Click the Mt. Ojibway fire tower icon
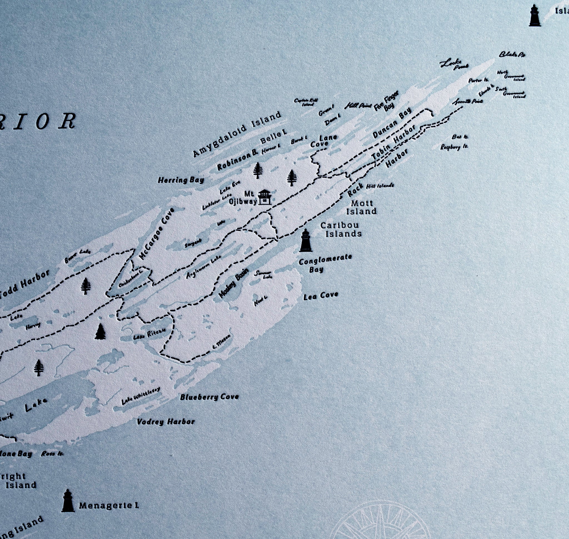(264, 197)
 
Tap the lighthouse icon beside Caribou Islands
(305, 240)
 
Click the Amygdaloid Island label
(237, 134)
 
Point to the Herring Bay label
(181, 180)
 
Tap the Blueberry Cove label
(209, 397)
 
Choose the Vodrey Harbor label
(166, 422)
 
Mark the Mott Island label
(361, 207)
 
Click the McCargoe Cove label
(156, 234)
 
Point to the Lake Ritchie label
(149, 334)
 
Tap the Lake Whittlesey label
(141, 396)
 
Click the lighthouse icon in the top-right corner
(535, 16)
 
